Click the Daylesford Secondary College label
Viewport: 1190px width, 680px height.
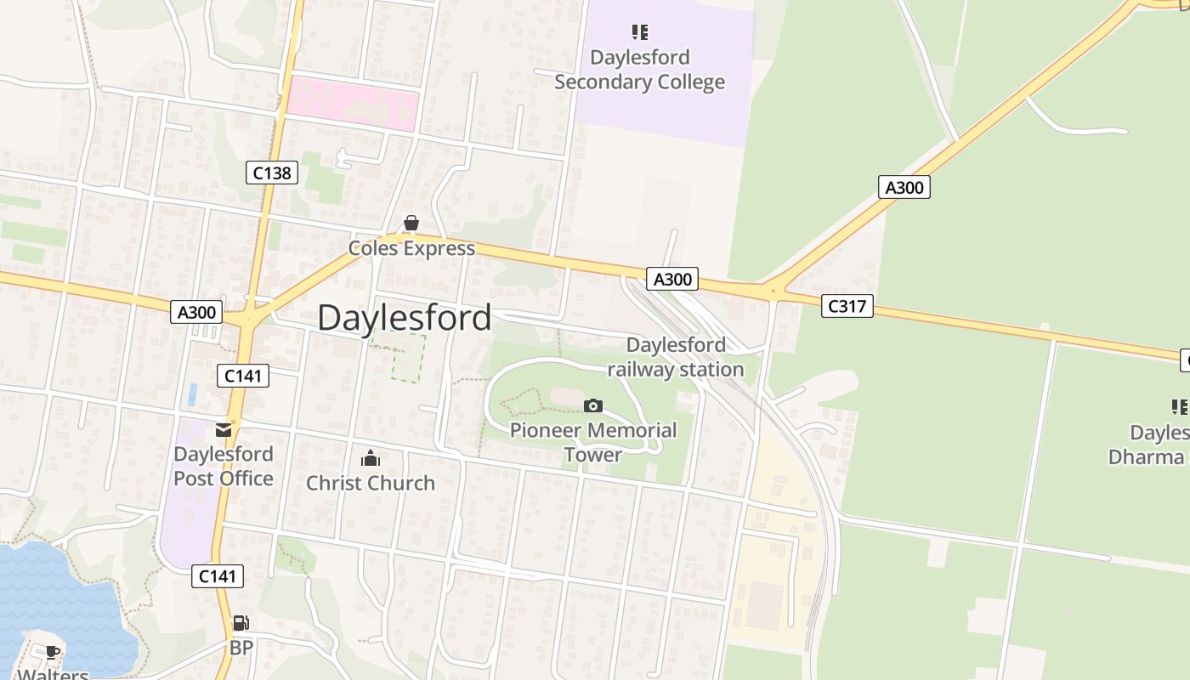pyautogui.click(x=639, y=70)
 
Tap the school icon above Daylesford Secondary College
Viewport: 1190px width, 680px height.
pyautogui.click(x=640, y=33)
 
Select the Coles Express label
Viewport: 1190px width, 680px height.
pyautogui.click(x=411, y=248)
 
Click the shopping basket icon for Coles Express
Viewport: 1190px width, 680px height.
pyautogui.click(x=411, y=224)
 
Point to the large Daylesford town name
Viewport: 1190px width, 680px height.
pyautogui.click(x=405, y=317)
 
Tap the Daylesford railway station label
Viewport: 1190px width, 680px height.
pyautogui.click(x=676, y=357)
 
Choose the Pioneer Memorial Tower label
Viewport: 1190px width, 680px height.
pyautogui.click(x=593, y=442)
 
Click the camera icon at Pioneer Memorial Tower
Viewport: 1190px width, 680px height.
pyautogui.click(x=593, y=406)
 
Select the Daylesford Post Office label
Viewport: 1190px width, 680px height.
pyautogui.click(x=224, y=466)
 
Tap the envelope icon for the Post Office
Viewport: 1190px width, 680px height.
pyautogui.click(x=224, y=430)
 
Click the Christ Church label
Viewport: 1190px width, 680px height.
pyautogui.click(x=371, y=483)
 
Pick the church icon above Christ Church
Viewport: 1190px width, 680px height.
pyautogui.click(x=371, y=459)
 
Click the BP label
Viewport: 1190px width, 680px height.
pyautogui.click(x=241, y=648)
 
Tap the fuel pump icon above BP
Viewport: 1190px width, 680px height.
pyautogui.click(x=241, y=624)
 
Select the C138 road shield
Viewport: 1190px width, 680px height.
pyautogui.click(x=272, y=173)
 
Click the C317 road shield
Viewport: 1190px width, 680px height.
pyautogui.click(x=847, y=306)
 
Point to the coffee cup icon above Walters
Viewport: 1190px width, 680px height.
pyautogui.click(x=53, y=652)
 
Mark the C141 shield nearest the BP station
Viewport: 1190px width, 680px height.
pyautogui.click(x=217, y=576)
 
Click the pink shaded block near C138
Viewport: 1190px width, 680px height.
pyautogui.click(x=352, y=105)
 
